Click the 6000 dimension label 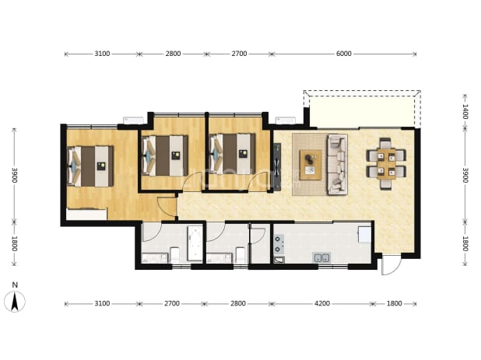pos(343,54)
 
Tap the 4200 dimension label pos(322,303)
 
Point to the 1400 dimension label pos(465,111)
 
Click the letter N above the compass pos(15,285)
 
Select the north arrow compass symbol pos(15,302)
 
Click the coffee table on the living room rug pos(311,165)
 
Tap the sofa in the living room pos(337,164)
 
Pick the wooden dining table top pos(386,164)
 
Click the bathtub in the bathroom pos(195,243)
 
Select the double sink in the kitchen pos(321,257)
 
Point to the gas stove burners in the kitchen pos(279,244)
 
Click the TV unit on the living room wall pos(277,166)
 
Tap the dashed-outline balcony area pos(362,109)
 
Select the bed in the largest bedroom pos(90,166)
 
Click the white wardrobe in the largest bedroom pos(86,214)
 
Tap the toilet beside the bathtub pos(174,255)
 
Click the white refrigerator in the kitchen pos(365,235)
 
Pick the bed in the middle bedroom pos(165,156)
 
